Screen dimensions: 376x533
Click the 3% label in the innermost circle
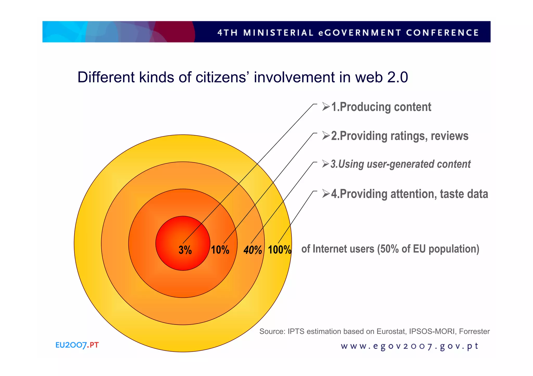click(x=185, y=250)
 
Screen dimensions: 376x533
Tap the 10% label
click(x=220, y=250)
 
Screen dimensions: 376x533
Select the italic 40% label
click(x=252, y=250)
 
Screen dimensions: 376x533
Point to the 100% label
click(x=280, y=250)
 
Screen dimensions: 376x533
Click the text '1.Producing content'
click(x=381, y=107)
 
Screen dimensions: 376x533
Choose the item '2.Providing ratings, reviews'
click(x=399, y=136)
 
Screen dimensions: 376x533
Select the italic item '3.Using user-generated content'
click(x=400, y=164)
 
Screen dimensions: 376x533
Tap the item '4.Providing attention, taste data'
click(x=409, y=194)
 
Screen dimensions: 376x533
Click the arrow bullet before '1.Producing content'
click(x=326, y=107)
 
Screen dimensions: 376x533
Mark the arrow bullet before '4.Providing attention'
click(x=326, y=194)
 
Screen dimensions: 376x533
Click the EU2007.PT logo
click(x=77, y=345)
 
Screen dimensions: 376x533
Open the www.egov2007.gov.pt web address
click(x=409, y=346)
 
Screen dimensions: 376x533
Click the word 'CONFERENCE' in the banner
click(x=442, y=33)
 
